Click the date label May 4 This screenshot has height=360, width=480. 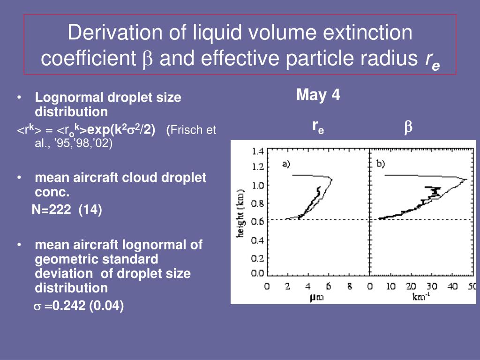[318, 96]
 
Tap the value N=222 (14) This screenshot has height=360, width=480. [67, 210]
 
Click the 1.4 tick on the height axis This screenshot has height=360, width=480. [258, 151]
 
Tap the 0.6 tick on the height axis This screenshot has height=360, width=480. [258, 222]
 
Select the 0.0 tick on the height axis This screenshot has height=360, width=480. [258, 273]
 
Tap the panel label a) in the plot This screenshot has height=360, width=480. [286, 164]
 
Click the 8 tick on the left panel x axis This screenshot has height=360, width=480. [349, 286]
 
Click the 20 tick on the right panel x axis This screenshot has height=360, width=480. [411, 286]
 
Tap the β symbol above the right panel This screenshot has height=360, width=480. [408, 127]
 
